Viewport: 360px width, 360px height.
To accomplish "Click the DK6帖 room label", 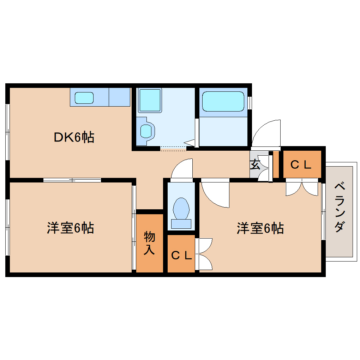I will tap(74, 137).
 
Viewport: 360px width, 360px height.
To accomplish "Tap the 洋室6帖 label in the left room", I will tap(70, 228).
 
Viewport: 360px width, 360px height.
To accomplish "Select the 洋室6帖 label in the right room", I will tap(260, 228).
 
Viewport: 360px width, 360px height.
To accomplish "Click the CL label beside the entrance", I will tap(301, 165).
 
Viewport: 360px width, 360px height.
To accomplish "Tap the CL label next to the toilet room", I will tap(181, 255).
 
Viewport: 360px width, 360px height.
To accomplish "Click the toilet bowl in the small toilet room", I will tap(181, 209).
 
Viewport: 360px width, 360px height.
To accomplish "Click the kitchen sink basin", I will tap(84, 98).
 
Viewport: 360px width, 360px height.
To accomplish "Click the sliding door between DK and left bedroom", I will tap(72, 180).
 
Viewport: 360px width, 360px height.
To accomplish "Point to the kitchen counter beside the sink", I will tap(119, 96).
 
